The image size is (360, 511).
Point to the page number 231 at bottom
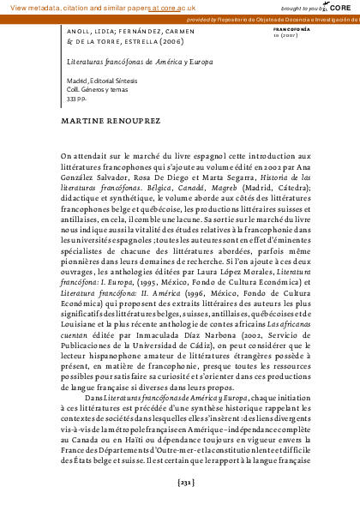(180, 484)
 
